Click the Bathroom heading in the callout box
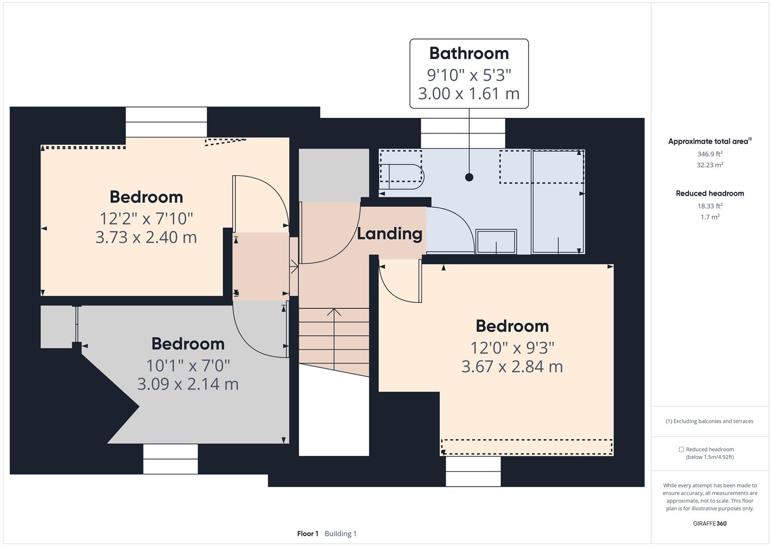click(x=469, y=53)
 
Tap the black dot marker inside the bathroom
click(x=469, y=177)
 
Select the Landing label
click(x=389, y=234)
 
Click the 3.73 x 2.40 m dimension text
click(x=146, y=237)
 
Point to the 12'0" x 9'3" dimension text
click(x=512, y=348)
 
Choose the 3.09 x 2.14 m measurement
click(x=188, y=384)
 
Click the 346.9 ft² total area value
click(x=709, y=154)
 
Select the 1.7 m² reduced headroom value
click(x=709, y=217)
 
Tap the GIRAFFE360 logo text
click(x=709, y=523)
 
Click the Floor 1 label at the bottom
click(x=307, y=533)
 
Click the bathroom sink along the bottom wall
click(x=496, y=242)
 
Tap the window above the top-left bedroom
click(x=166, y=122)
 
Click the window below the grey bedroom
click(x=170, y=459)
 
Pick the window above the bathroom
click(x=463, y=133)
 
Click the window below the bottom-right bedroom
click(x=473, y=471)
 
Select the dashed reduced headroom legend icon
click(x=681, y=449)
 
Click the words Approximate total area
click(x=708, y=142)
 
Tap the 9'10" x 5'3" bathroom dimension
click(x=469, y=75)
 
